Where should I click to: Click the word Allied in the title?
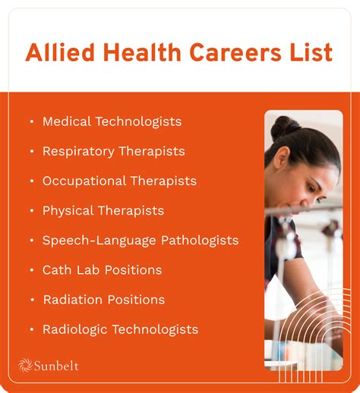tap(60, 53)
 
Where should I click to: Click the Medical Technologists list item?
tap(112, 121)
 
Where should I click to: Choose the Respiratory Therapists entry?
tap(113, 151)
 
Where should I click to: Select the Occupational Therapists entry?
tap(119, 181)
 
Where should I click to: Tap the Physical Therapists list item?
tap(103, 210)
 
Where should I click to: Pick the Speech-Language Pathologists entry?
tap(140, 240)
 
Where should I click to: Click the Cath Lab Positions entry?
tap(102, 269)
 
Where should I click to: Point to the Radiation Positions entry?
tap(103, 300)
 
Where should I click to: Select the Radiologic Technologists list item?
tap(120, 329)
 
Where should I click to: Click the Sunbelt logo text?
tap(55, 366)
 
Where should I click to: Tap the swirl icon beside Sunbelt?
tap(24, 366)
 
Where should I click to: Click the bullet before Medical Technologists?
tap(31, 121)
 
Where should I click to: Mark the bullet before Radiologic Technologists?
tap(31, 329)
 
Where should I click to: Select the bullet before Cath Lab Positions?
tap(31, 270)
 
